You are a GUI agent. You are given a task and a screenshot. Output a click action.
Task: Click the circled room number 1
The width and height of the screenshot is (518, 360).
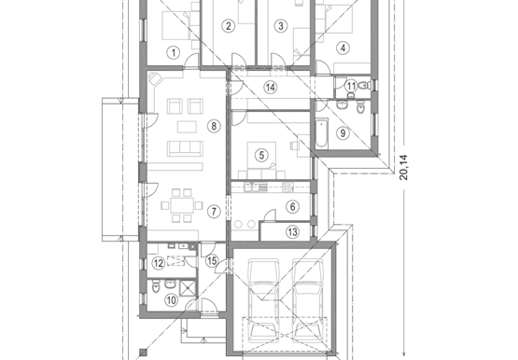173,52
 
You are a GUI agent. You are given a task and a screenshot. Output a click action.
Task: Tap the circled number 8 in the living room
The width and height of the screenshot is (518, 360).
214,126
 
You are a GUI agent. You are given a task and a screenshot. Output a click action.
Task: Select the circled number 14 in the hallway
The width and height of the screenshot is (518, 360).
271,88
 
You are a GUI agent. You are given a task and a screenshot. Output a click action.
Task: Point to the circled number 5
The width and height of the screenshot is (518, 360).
261,155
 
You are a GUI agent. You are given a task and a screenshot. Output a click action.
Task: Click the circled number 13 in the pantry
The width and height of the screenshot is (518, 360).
293,232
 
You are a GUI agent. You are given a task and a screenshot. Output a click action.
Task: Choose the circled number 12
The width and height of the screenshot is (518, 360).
159,263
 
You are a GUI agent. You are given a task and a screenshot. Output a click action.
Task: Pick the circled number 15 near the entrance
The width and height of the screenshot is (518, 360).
212,261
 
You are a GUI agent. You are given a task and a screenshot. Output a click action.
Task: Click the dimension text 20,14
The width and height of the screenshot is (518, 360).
404,167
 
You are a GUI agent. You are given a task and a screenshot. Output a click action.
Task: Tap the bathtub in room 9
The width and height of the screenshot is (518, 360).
321,134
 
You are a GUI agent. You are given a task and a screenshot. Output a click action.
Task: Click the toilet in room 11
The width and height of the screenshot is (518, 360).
364,86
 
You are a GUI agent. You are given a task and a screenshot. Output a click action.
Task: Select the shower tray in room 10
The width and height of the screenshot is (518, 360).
188,288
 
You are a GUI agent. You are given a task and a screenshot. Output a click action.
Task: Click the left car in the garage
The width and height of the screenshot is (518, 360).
263,300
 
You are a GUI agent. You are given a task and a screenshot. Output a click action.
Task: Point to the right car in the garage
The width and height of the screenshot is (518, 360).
308,300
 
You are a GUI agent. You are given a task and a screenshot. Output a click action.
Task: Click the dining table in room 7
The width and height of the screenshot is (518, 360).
182,205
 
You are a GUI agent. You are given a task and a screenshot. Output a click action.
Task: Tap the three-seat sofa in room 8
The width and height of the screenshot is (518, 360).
185,148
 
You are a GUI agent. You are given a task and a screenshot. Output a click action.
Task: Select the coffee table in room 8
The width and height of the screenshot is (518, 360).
187,127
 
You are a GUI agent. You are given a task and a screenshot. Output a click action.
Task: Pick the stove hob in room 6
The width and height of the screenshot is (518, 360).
287,187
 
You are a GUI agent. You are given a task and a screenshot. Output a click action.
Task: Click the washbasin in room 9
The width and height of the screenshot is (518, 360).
342,105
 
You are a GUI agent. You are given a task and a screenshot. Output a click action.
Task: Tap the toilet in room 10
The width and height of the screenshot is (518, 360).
156,286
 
